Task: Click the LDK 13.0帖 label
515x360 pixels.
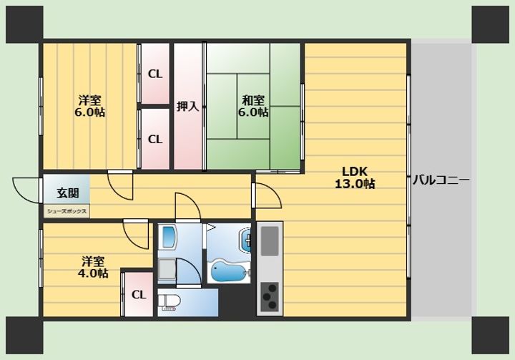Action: (355, 177)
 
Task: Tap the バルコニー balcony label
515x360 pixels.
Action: (441, 180)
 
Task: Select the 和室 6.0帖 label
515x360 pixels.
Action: (253, 106)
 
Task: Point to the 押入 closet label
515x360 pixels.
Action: (188, 106)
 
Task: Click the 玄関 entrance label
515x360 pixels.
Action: (68, 193)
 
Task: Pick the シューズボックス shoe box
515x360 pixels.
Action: (67, 211)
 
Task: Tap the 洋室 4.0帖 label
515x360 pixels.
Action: (93, 267)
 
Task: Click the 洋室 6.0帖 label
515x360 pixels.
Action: (89, 106)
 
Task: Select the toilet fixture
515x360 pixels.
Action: (169, 303)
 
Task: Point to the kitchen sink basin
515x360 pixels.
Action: (270, 241)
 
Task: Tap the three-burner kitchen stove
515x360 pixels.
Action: (270, 296)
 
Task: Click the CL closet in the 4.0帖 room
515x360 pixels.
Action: (139, 295)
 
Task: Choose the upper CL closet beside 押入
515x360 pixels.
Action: (155, 74)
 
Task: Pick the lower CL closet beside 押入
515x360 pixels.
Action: (155, 139)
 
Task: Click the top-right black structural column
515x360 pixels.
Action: (491, 24)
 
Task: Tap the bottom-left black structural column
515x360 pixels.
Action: (24, 336)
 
